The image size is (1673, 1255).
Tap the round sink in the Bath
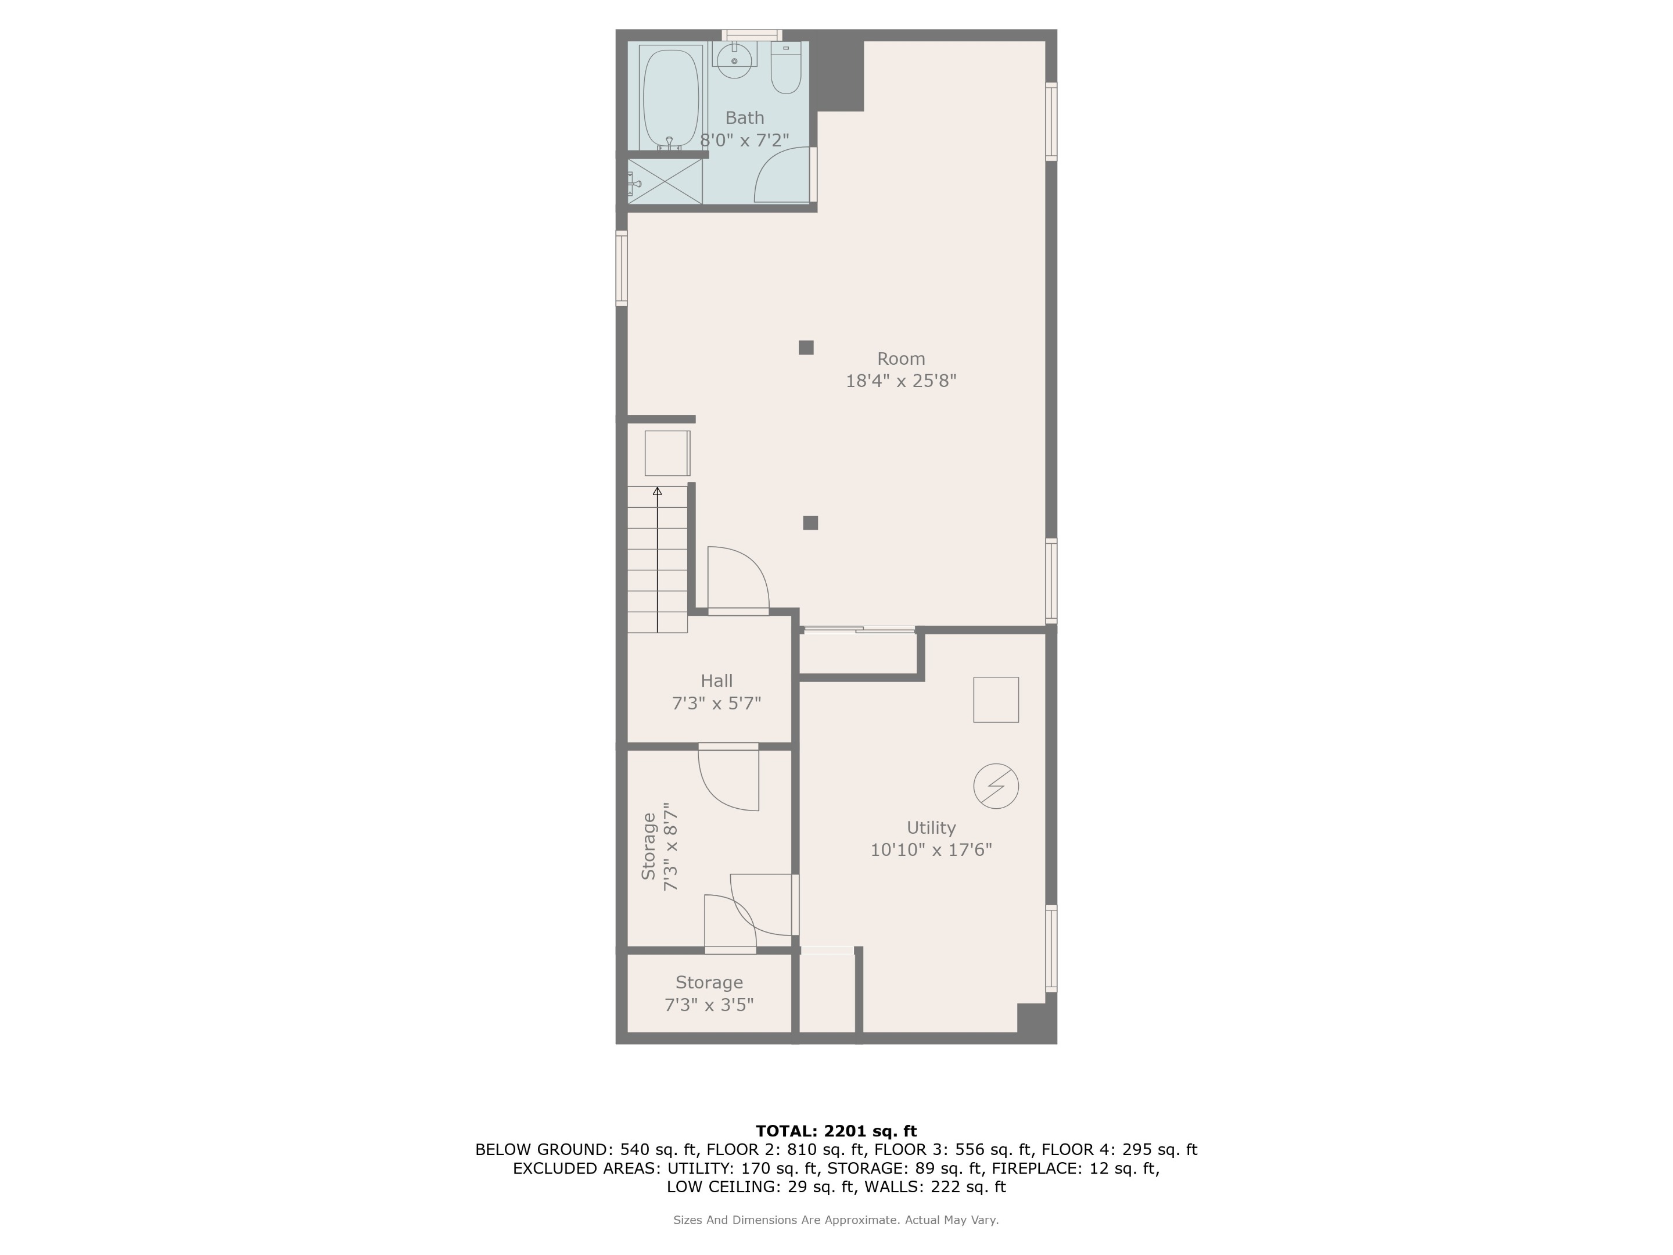point(734,59)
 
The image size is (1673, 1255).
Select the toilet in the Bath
point(786,72)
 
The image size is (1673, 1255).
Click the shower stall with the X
point(665,181)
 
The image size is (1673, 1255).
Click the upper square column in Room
point(806,347)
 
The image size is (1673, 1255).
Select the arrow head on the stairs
point(657,492)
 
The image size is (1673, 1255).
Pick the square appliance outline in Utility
point(995,700)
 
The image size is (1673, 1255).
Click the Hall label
point(716,680)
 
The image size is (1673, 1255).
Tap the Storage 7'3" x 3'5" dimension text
point(709,1005)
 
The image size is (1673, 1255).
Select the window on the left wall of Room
point(622,268)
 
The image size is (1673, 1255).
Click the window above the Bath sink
point(751,35)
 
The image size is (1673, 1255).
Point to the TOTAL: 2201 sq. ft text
point(836,1131)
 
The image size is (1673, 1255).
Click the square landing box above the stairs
point(667,453)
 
